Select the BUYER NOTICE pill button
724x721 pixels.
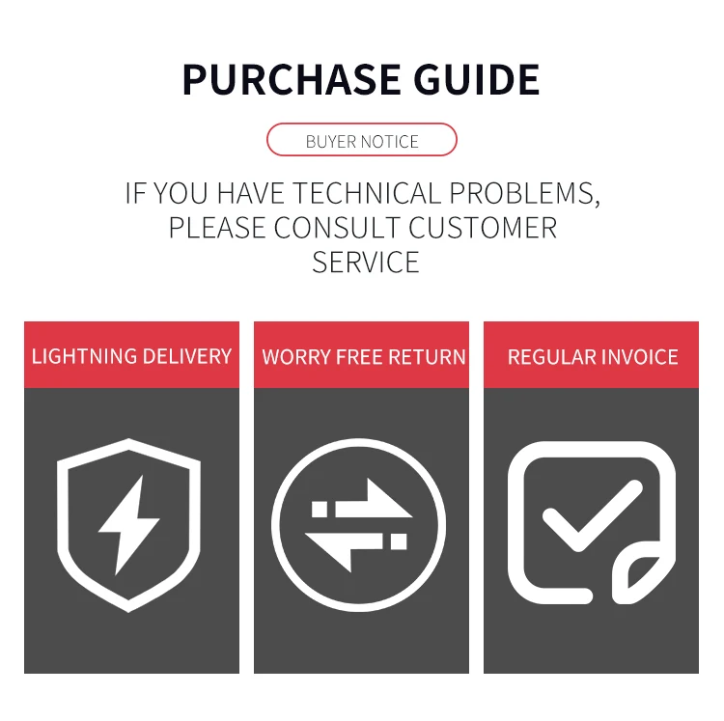pyautogui.click(x=362, y=141)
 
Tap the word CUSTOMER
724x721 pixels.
pyautogui.click(x=483, y=228)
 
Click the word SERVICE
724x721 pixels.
pyautogui.click(x=366, y=262)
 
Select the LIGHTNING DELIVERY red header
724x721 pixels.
pyautogui.click(x=131, y=355)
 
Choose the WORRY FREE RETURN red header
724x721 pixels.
pyautogui.click(x=362, y=355)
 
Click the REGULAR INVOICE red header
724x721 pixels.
pyautogui.click(x=592, y=355)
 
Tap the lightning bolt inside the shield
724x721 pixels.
pyautogui.click(x=125, y=524)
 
